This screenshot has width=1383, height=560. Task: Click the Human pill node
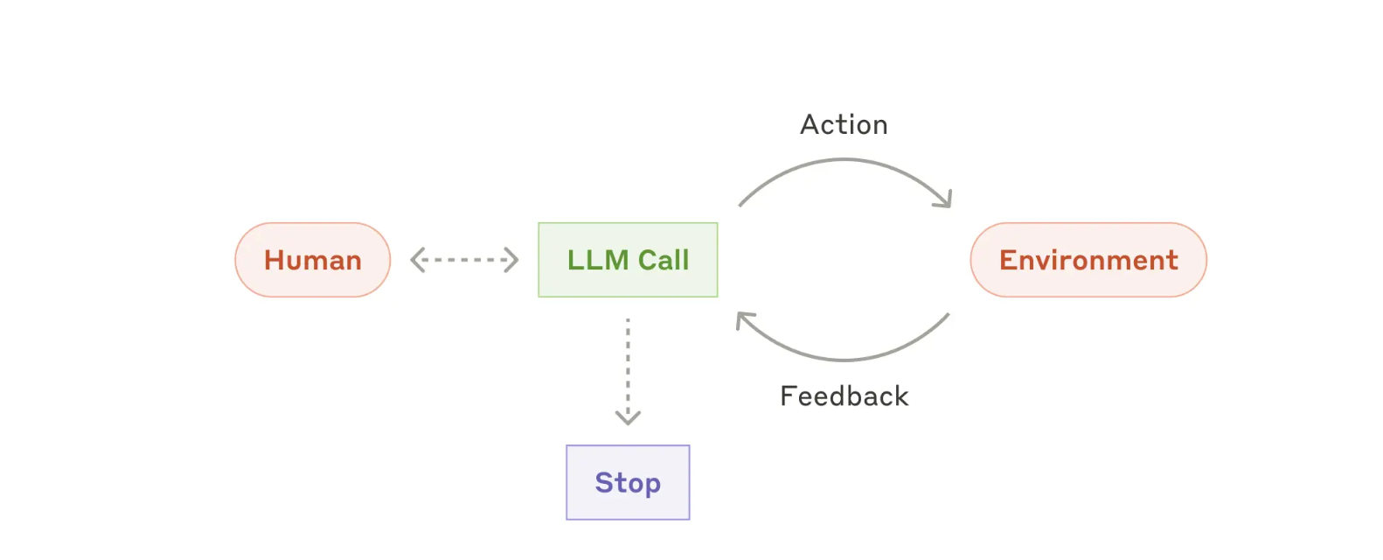pos(312,260)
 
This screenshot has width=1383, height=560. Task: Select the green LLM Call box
pos(628,260)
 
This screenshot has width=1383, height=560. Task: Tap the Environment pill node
pos(1088,260)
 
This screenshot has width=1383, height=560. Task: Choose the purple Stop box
pos(628,482)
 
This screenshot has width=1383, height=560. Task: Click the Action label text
pos(844,125)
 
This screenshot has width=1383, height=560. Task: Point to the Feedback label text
pos(844,396)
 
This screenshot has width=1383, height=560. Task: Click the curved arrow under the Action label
pos(844,159)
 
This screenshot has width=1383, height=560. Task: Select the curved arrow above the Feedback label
pos(844,359)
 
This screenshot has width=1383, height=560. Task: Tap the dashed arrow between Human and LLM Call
pos(464,260)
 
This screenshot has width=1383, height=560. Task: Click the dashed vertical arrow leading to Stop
pos(628,371)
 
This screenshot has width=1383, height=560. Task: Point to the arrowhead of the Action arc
pos(945,199)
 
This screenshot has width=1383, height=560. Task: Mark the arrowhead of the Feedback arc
pos(744,319)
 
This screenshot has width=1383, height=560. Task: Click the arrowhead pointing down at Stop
pos(628,418)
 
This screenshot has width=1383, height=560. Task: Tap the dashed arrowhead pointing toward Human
pos(418,260)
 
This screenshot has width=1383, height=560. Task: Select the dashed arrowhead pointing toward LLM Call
pos(511,260)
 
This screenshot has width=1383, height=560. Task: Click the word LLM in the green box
pos(598,260)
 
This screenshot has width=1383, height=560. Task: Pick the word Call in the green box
pos(664,260)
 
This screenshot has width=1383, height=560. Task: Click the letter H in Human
pos(275,260)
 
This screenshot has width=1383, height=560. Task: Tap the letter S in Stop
pos(604,482)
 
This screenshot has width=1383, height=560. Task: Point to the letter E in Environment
pos(1008,260)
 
